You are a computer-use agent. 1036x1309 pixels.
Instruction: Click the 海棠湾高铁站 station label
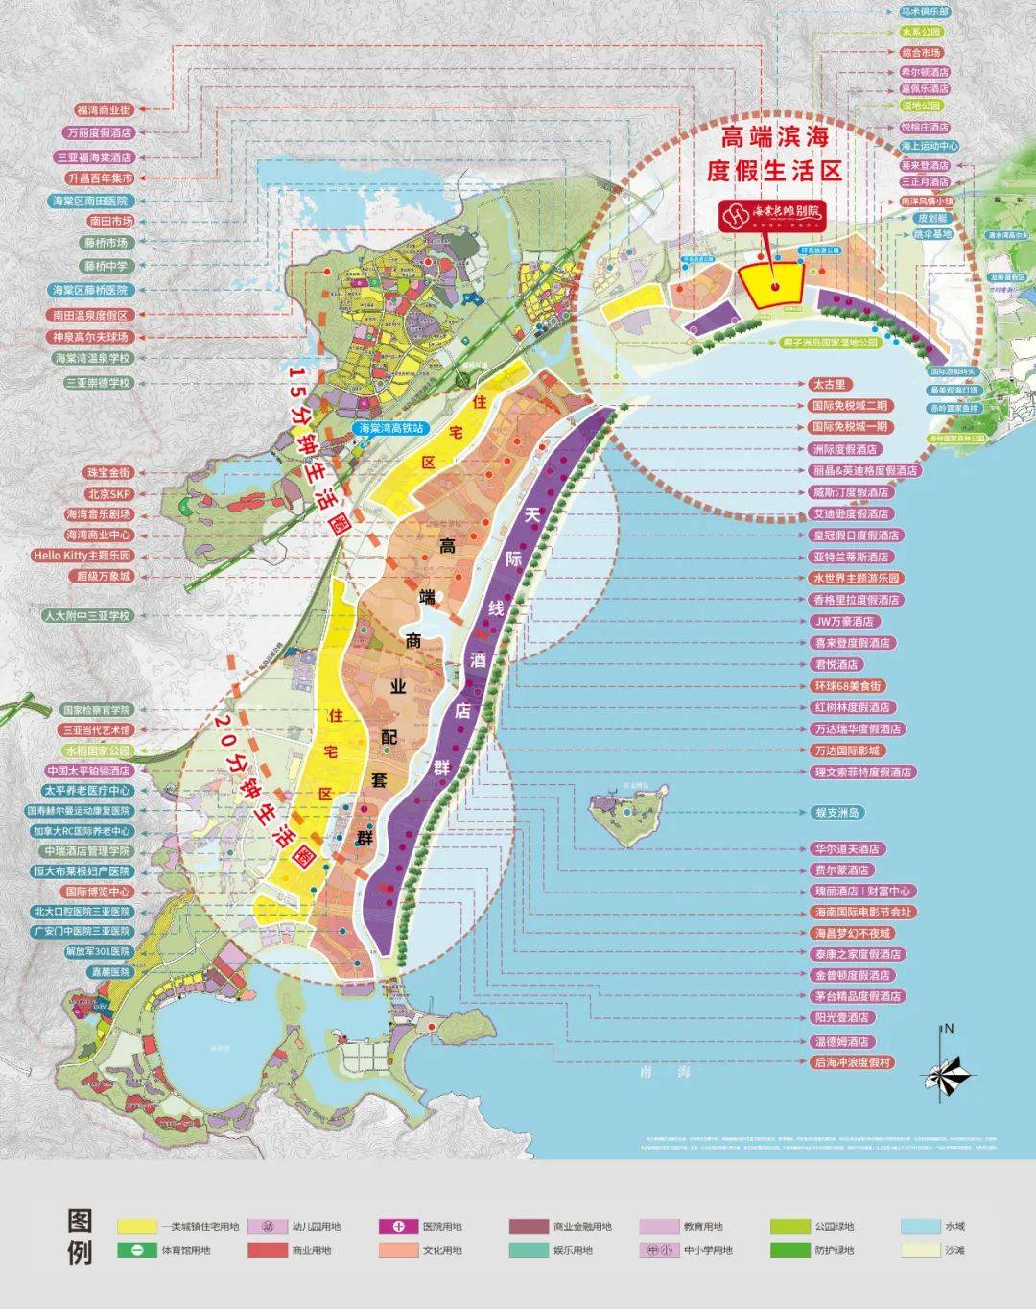click(391, 428)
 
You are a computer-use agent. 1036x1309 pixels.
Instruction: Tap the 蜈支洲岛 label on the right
click(837, 812)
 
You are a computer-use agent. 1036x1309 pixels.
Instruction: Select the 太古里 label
click(829, 385)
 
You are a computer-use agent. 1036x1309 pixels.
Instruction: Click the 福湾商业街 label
click(103, 110)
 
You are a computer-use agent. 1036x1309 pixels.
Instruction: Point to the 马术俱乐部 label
click(925, 12)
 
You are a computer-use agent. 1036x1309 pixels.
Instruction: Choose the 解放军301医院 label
click(97, 951)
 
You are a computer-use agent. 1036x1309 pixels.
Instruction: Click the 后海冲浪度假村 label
click(852, 1062)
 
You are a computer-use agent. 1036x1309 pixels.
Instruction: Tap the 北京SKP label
click(108, 494)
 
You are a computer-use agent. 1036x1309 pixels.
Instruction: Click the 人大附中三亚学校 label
click(86, 616)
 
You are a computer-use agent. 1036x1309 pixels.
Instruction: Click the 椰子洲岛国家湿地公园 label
click(829, 342)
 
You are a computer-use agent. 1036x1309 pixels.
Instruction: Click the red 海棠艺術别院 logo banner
click(773, 216)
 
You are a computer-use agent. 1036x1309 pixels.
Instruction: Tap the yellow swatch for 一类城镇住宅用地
click(136, 1226)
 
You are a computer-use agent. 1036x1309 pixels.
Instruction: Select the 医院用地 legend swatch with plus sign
click(398, 1226)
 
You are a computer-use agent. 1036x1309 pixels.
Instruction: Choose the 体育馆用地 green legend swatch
click(136, 1250)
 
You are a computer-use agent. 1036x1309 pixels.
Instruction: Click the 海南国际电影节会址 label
click(862, 913)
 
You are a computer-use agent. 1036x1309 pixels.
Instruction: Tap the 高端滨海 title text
click(775, 136)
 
